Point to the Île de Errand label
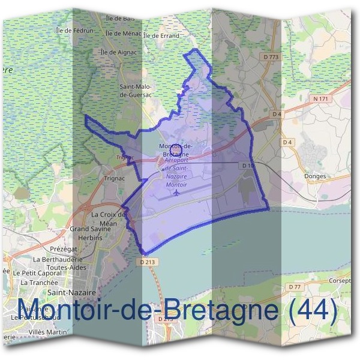click(x=161, y=36)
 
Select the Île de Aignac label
click(x=118, y=52)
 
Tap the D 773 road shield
click(x=271, y=57)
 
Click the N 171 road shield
click(x=320, y=97)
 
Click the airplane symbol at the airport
click(x=176, y=193)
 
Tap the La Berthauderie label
click(x=58, y=259)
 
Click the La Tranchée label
click(x=40, y=282)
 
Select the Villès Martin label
click(x=47, y=332)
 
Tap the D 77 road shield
click(x=295, y=287)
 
